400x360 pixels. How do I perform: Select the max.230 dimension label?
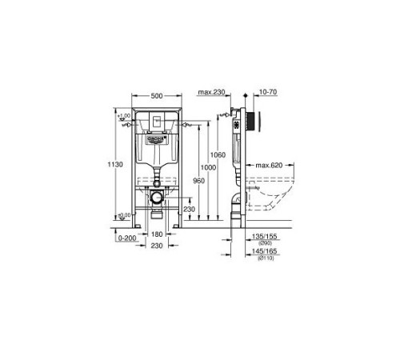pos(211,94)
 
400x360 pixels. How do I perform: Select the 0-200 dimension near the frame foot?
pos(126,238)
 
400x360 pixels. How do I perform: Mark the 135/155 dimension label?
pos(262,237)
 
